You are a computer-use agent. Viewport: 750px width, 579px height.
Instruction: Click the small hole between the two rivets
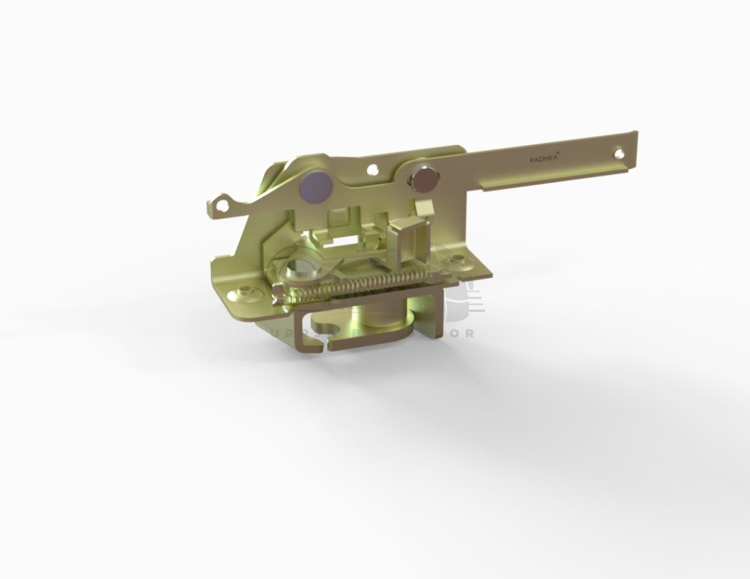pyautogui.click(x=374, y=170)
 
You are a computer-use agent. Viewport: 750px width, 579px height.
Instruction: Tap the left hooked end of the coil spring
pyautogui.click(x=279, y=294)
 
